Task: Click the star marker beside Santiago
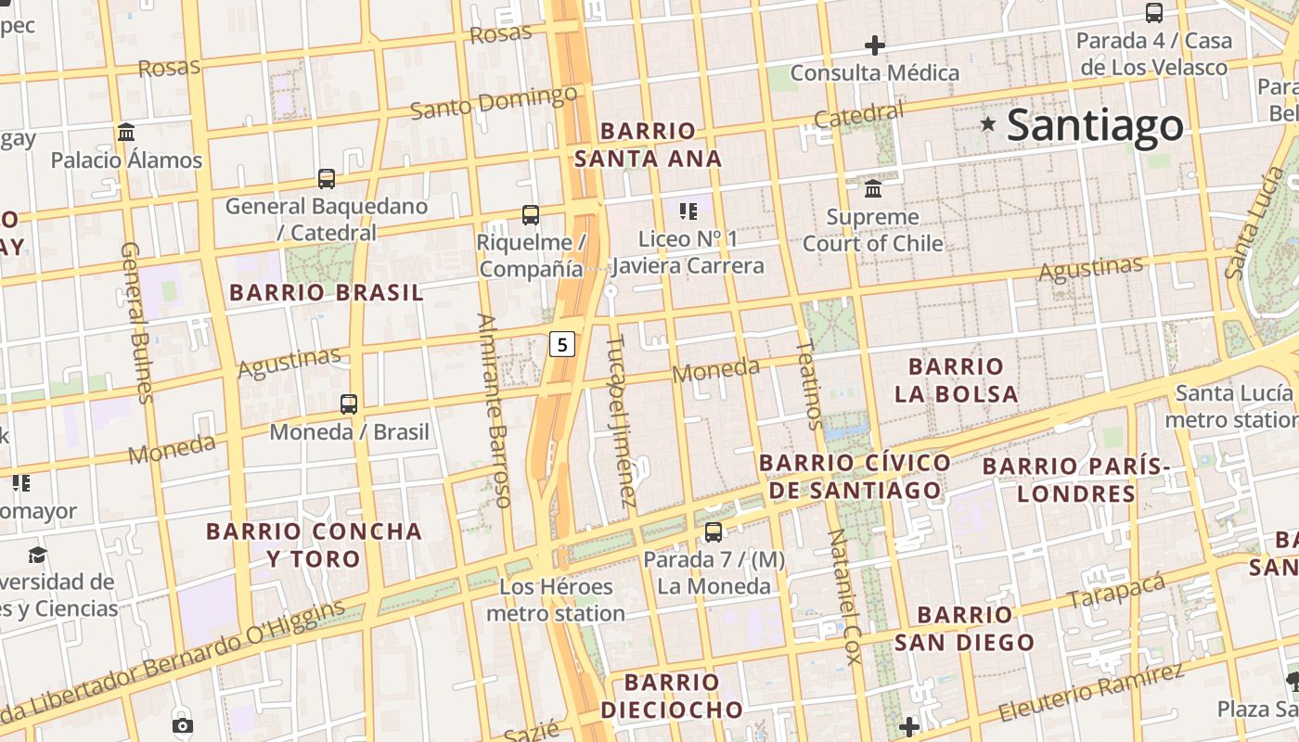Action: coord(988,123)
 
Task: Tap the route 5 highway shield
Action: coord(562,344)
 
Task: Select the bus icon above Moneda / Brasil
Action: coord(349,404)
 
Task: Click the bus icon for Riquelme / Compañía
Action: coord(531,215)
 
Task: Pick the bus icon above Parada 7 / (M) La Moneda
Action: coord(714,532)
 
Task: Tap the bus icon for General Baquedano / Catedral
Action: coord(327,179)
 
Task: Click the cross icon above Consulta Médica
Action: coord(874,45)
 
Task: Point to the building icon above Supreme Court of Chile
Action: coord(873,189)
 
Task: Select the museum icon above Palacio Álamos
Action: coord(126,133)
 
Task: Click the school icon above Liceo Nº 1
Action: coord(688,211)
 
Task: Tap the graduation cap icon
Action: coord(37,555)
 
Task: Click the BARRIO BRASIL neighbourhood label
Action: coord(326,293)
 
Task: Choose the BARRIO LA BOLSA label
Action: coord(956,380)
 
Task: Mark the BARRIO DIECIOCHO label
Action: coord(672,697)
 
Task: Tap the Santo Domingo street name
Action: coord(494,102)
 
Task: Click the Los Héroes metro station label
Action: coord(556,600)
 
